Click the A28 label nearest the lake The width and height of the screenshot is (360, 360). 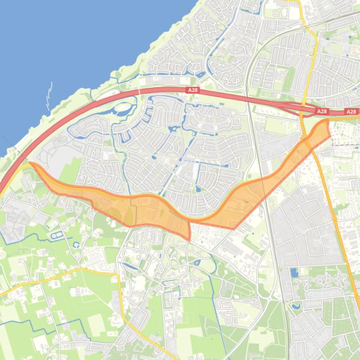(x=192, y=90)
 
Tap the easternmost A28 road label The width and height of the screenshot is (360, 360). (x=351, y=112)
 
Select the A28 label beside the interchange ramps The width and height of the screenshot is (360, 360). (x=322, y=111)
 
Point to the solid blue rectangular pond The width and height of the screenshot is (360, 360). (x=293, y=273)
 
